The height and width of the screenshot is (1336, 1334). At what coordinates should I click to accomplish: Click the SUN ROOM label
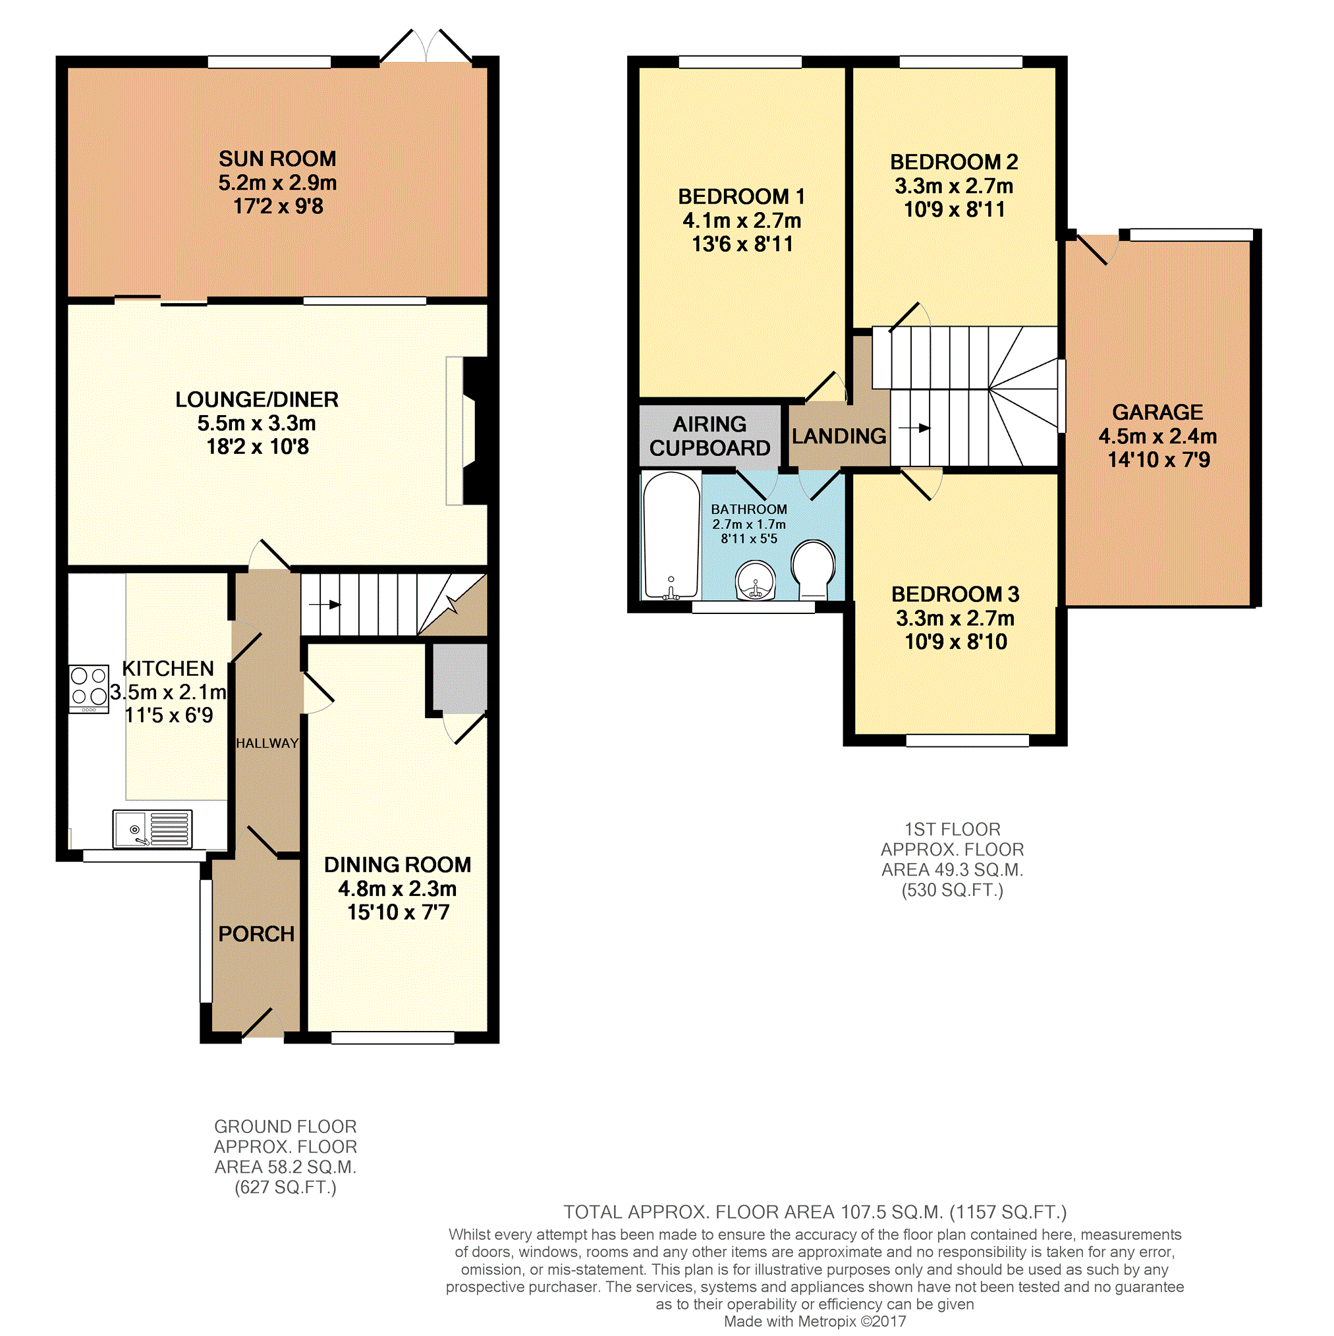point(277,159)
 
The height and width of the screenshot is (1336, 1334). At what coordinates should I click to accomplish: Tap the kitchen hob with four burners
point(89,688)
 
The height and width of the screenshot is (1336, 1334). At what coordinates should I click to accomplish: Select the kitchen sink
point(152,829)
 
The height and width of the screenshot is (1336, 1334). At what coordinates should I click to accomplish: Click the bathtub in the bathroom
point(671,535)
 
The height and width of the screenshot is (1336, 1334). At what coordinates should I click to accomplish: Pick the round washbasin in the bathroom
point(756,580)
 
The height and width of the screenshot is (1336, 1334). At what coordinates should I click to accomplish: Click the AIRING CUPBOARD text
point(709,435)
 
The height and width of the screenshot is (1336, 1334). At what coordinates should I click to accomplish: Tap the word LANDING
point(839,435)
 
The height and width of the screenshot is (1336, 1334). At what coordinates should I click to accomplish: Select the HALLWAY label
point(267,743)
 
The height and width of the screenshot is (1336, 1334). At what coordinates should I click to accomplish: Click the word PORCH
point(256,933)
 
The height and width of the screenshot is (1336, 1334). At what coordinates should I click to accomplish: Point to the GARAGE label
point(1157,412)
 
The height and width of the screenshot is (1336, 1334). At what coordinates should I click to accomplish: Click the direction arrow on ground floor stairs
point(325,604)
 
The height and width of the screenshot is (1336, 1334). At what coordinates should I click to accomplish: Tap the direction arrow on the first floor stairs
point(914,428)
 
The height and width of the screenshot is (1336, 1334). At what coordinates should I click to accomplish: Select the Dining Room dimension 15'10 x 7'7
point(399,912)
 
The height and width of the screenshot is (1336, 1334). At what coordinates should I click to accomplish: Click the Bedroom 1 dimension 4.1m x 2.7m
point(742,221)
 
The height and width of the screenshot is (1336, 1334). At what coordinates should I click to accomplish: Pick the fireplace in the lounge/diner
point(468,430)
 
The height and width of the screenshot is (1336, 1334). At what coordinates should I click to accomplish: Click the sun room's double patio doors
point(426,47)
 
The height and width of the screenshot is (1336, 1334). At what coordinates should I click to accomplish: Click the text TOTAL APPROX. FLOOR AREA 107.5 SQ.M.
point(753,1212)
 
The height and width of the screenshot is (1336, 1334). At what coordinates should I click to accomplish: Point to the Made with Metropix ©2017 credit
point(815,1322)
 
